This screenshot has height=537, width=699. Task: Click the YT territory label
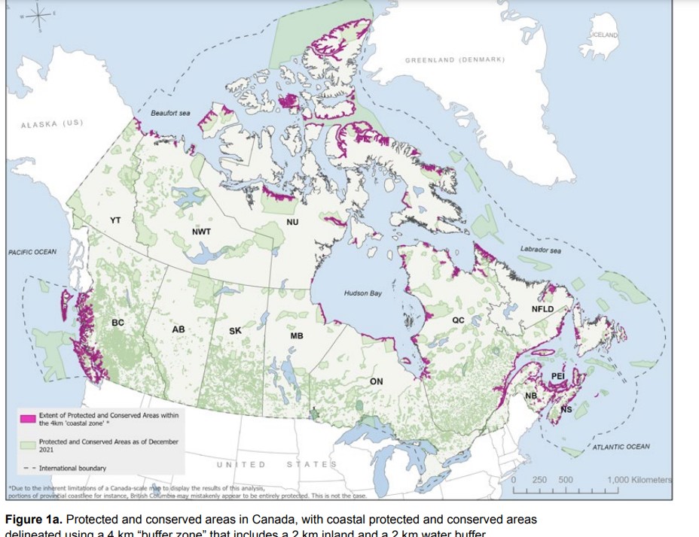click(115, 220)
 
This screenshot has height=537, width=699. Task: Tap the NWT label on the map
click(201, 231)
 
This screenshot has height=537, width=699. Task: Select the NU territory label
click(292, 223)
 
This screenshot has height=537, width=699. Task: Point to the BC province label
click(118, 323)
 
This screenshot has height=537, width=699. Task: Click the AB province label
click(179, 330)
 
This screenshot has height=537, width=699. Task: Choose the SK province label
click(235, 330)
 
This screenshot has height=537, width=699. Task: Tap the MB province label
click(296, 335)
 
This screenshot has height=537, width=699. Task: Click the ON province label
click(376, 381)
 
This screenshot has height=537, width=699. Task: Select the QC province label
click(458, 320)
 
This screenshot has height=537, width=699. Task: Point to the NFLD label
click(542, 309)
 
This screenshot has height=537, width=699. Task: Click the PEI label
click(557, 375)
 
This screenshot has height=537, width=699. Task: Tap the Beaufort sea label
click(170, 114)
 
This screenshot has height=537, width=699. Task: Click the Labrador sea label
click(540, 249)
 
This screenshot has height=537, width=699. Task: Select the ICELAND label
click(604, 35)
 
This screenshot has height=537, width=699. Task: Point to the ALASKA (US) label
click(52, 123)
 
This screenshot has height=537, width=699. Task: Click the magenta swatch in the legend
click(27, 416)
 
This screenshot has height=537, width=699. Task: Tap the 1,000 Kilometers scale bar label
click(639, 480)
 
